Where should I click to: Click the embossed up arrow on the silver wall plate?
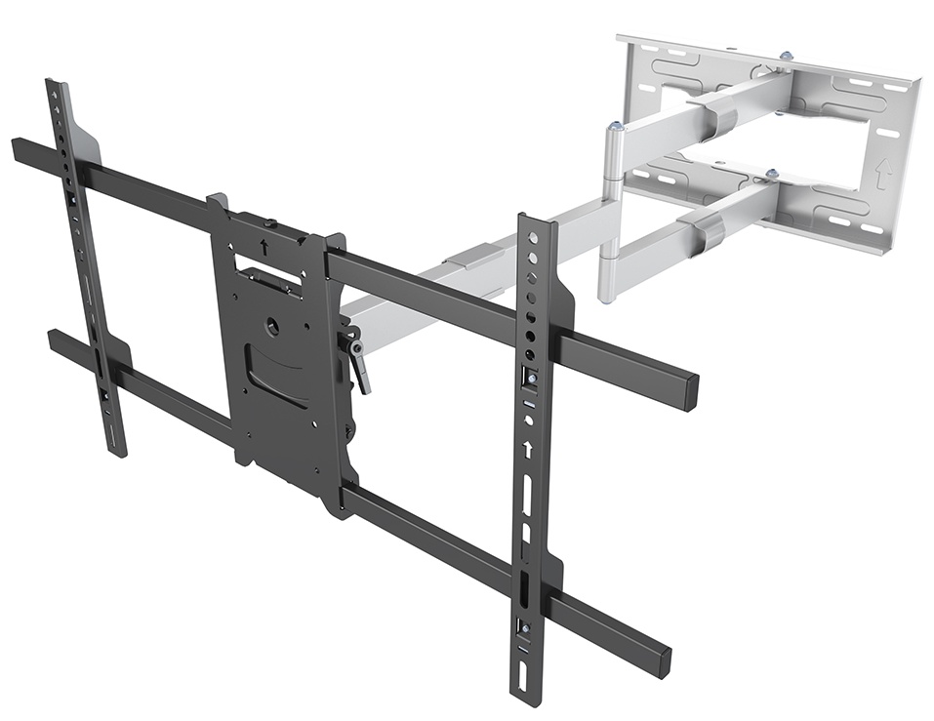[883, 174]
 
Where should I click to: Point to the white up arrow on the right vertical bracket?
[527, 450]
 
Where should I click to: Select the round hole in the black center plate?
[272, 328]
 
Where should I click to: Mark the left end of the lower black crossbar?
[54, 340]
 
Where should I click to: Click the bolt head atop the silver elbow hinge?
[614, 127]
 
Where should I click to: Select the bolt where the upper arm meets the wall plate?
[787, 58]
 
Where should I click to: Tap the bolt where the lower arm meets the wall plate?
[772, 176]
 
